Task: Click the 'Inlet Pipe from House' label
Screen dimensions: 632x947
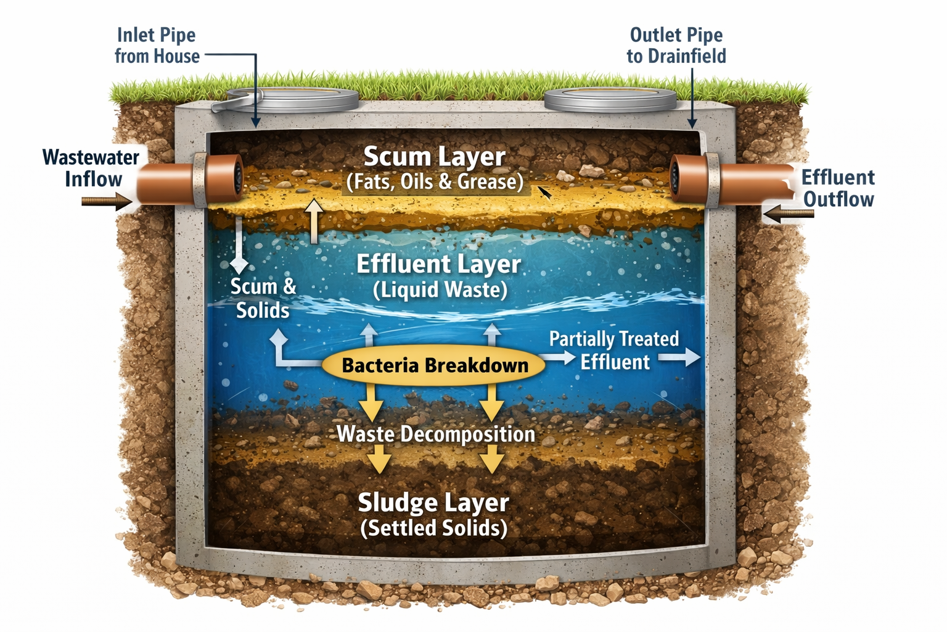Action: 157,46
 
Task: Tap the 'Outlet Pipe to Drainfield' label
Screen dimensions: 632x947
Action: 676,46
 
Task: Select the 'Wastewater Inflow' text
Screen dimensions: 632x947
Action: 91,168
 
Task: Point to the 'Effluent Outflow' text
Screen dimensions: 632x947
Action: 838,188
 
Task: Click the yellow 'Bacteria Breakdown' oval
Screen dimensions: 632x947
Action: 434,365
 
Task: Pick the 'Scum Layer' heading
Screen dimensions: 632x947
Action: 434,157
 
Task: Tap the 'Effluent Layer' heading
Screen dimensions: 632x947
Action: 438,264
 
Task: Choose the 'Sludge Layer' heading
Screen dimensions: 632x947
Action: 433,502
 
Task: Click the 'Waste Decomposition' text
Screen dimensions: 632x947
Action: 435,434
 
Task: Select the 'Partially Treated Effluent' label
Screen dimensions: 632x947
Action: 614,350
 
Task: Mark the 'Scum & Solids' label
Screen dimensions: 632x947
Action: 263,298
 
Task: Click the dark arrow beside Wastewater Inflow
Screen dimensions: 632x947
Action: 106,201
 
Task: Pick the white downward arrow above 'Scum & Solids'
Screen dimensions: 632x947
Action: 239,247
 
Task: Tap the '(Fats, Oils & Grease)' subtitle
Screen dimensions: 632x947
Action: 435,182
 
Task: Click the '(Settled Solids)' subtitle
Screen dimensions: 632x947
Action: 433,528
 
